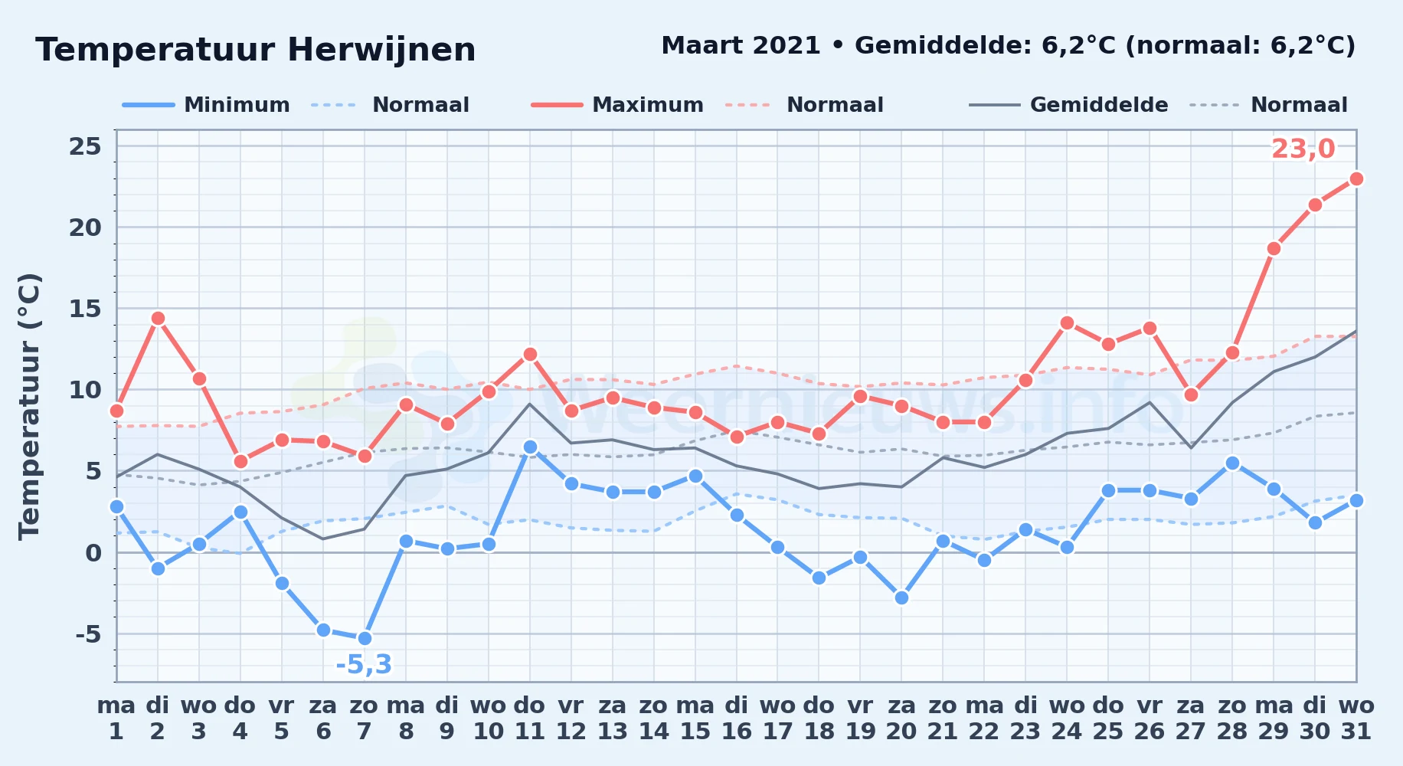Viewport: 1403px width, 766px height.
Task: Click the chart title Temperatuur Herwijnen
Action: tap(256, 50)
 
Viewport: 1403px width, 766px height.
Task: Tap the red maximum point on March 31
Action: tap(1356, 178)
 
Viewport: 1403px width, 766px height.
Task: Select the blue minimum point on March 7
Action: tap(365, 638)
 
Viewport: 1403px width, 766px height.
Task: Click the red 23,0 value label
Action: tap(1303, 149)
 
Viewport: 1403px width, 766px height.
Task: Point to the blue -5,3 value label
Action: tap(364, 664)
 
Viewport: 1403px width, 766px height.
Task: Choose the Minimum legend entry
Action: tap(206, 105)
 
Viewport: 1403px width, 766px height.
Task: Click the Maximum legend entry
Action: tap(617, 105)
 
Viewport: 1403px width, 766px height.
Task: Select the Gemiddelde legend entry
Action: tap(1068, 105)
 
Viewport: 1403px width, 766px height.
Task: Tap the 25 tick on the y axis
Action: tap(85, 146)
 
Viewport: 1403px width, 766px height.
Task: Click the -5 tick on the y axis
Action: tap(88, 634)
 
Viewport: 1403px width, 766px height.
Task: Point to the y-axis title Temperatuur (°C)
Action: tap(29, 406)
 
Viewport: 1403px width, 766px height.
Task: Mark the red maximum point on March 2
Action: tap(158, 318)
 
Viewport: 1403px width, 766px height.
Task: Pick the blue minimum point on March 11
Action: tap(530, 447)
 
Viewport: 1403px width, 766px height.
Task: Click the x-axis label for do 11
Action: tap(529, 719)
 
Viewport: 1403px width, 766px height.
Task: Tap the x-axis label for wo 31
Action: tap(1356, 719)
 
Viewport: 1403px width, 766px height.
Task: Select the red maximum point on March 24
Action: tap(1067, 322)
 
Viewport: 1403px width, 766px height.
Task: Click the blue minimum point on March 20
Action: tap(901, 597)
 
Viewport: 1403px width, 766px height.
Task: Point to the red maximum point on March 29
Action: tap(1274, 248)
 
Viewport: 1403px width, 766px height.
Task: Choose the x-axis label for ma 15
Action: tap(695, 719)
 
